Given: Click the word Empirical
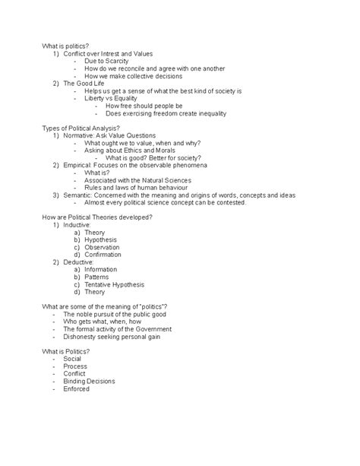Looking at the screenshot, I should tap(80, 165).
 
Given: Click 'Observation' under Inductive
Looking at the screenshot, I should tap(103, 247).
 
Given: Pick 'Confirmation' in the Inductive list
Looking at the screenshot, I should tap(104, 255).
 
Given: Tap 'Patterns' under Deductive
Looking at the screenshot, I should tap(98, 277).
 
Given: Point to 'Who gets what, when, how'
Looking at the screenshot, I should tap(102, 321).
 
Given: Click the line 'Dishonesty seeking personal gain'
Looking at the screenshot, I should tap(115, 336).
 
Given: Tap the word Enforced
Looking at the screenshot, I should tap(77, 388).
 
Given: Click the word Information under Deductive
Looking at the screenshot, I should tap(102, 269).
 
